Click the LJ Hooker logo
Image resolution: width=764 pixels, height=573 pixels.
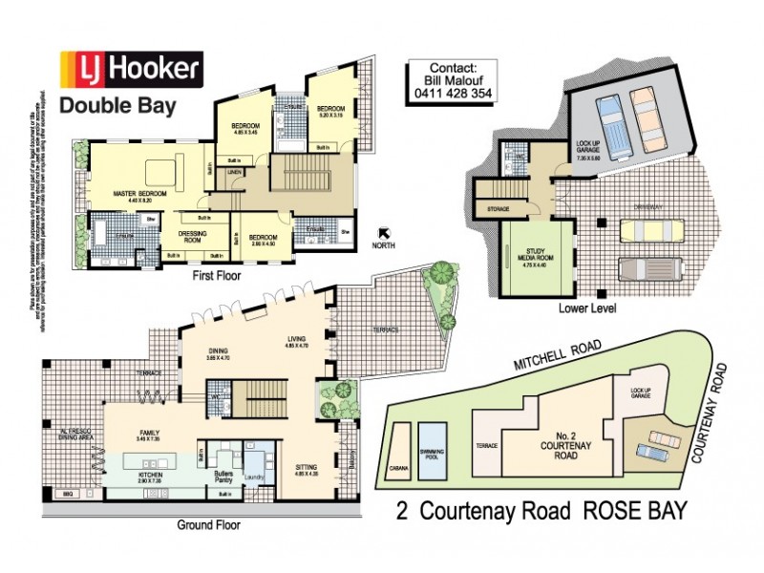click(x=130, y=69)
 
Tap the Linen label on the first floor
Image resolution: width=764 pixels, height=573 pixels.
click(x=234, y=172)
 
